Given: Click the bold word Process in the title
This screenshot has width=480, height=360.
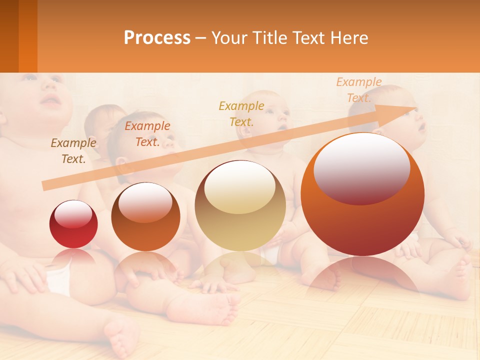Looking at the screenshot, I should click(x=157, y=37).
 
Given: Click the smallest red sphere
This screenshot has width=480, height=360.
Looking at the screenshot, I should click(x=73, y=224).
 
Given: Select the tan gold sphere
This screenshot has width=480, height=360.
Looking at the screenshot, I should click(x=240, y=205).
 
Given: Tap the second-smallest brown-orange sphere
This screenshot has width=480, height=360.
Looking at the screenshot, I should click(x=145, y=216).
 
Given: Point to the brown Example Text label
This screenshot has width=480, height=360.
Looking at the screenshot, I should click(x=73, y=150).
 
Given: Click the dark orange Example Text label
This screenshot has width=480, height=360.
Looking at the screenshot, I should click(x=147, y=133).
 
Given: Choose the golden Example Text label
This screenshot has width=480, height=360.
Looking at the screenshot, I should click(x=241, y=113).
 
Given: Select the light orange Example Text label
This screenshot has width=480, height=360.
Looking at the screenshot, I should click(x=358, y=90).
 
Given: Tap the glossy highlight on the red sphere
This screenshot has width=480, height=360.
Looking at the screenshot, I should click(x=73, y=214).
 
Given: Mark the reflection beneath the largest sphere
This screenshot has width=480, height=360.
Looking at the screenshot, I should click(x=362, y=272).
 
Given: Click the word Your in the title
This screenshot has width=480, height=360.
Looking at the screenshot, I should click(x=229, y=37).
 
